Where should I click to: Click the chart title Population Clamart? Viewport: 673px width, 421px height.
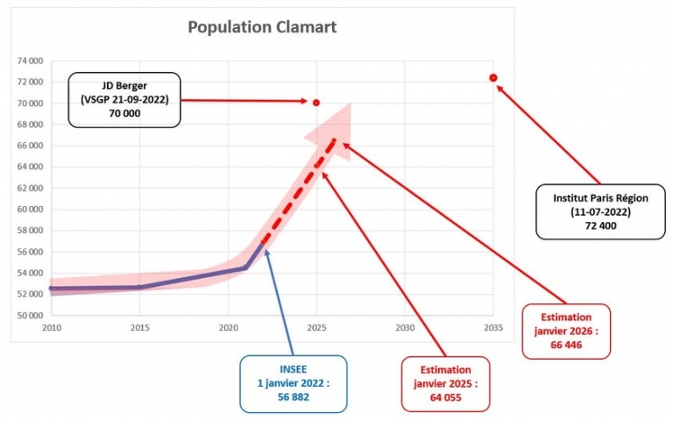(x=262, y=27)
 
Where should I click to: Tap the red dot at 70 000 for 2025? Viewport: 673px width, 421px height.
(x=316, y=103)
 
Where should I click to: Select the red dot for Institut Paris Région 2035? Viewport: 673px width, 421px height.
(x=493, y=78)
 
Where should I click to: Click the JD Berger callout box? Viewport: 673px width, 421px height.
(x=124, y=100)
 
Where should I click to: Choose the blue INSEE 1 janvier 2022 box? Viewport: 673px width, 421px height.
(x=294, y=383)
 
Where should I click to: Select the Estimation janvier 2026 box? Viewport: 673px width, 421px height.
(x=565, y=331)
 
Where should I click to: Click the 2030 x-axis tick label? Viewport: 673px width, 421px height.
(x=405, y=328)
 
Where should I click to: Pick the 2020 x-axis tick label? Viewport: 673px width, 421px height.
(x=228, y=328)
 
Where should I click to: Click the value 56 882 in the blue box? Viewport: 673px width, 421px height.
(x=294, y=396)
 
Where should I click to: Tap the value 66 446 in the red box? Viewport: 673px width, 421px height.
(x=565, y=345)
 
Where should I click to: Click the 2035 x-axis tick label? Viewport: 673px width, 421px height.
(x=493, y=328)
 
